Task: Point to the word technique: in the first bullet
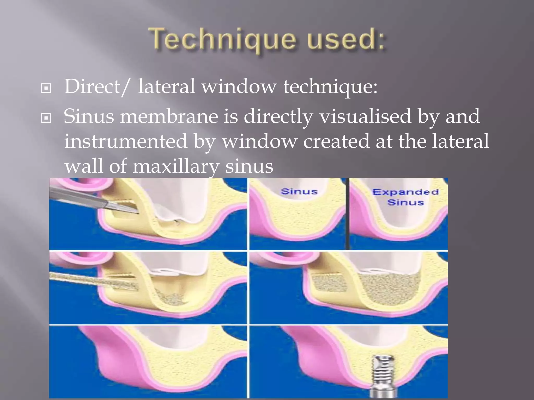[x=330, y=87]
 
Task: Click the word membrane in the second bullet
[x=169, y=116]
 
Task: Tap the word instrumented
[x=126, y=141]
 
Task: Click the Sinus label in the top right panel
[x=299, y=192]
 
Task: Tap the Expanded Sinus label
[x=405, y=197]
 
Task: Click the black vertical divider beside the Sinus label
[x=348, y=214]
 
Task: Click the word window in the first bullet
[x=239, y=86]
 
